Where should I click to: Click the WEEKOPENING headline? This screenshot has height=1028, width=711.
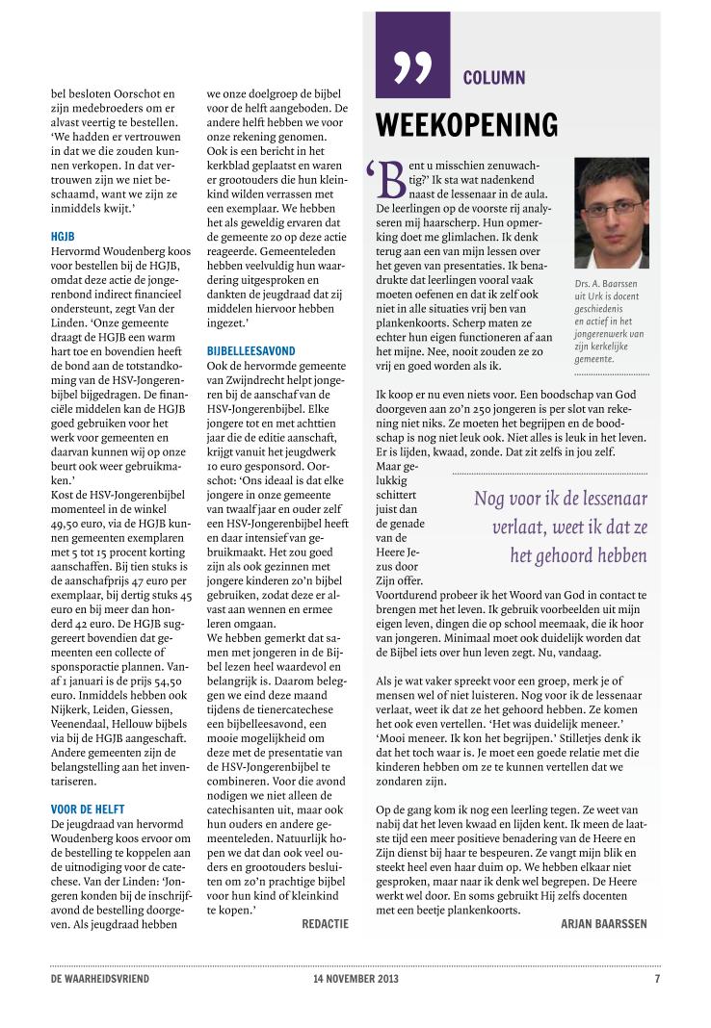click(466, 125)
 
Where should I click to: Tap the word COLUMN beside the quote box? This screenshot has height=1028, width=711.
click(494, 77)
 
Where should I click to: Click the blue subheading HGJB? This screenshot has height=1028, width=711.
click(64, 236)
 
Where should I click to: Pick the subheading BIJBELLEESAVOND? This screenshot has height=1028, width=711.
click(250, 351)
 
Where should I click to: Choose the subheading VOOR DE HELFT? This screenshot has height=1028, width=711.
click(88, 810)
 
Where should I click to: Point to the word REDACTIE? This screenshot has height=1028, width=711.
click(325, 923)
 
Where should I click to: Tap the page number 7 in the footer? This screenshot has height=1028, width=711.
click(657, 979)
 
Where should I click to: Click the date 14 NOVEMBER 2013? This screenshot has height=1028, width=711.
click(349, 979)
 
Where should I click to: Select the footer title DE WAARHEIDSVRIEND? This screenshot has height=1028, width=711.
click(100, 979)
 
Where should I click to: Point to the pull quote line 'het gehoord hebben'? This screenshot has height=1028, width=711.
click(578, 555)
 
